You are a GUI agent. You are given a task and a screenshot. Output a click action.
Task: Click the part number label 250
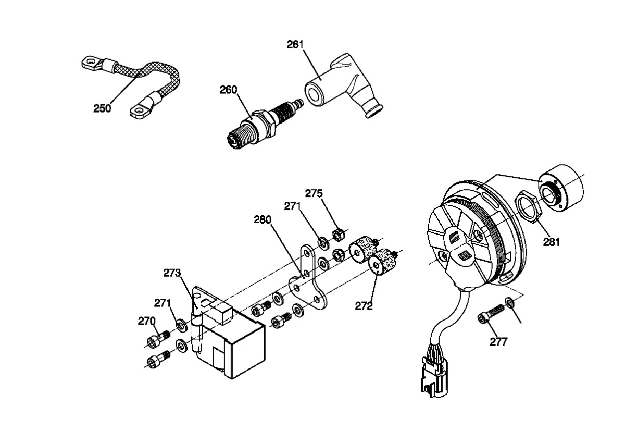(x=102, y=108)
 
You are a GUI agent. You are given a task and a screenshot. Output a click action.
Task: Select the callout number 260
(x=228, y=90)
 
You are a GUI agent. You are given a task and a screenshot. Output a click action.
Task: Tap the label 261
(x=295, y=45)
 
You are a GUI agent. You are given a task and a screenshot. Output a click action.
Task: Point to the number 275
(x=314, y=193)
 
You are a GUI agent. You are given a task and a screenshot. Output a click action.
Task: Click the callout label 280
(x=262, y=220)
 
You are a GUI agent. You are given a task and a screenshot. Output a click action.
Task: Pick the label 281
(x=552, y=242)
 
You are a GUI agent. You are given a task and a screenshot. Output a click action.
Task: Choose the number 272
(x=364, y=306)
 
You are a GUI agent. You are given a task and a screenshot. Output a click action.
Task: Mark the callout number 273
(x=172, y=273)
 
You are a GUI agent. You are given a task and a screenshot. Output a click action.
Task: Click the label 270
(x=147, y=321)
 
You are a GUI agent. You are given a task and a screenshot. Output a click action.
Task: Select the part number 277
(x=498, y=342)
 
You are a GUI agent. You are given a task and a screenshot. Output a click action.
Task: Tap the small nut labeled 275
(x=338, y=235)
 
